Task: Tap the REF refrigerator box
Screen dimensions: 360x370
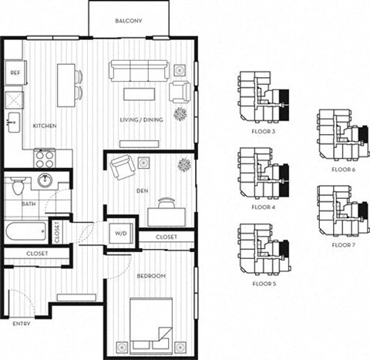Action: point(15,72)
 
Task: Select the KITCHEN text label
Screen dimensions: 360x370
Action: point(43,126)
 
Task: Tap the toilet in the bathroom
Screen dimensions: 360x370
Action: point(17,187)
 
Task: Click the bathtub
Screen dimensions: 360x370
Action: point(26,231)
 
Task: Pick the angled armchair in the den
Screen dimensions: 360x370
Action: point(121,167)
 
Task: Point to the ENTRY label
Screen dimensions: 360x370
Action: point(21,323)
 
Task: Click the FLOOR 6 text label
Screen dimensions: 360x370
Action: point(343,168)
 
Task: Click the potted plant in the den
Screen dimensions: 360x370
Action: point(183,164)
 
